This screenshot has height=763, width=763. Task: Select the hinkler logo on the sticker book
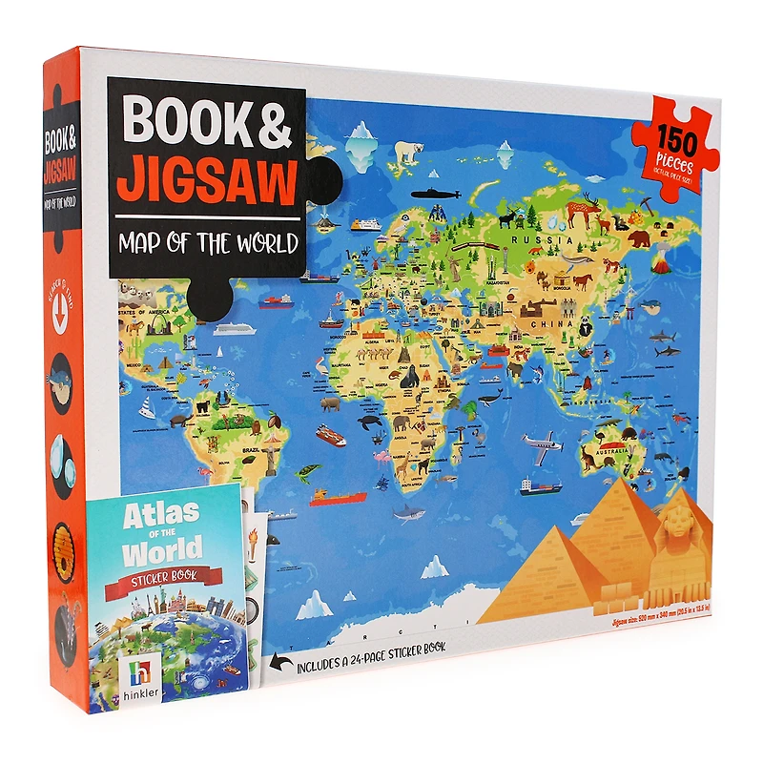(x=135, y=678)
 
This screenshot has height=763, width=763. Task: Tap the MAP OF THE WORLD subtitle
(x=208, y=242)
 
